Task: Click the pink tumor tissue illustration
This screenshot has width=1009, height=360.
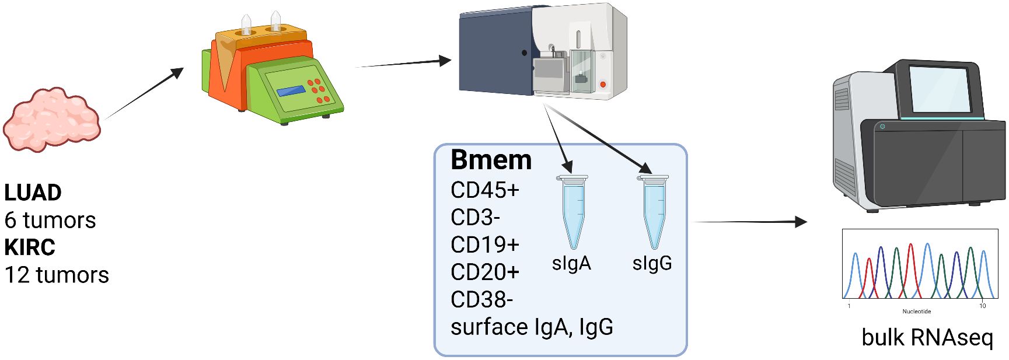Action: (51, 120)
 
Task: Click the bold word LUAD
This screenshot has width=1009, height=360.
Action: (33, 193)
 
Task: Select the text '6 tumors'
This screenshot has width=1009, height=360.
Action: (50, 221)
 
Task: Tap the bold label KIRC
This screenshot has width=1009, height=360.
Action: (30, 247)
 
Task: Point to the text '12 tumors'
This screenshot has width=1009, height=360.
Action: (57, 275)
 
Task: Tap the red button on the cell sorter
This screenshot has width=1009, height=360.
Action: (603, 85)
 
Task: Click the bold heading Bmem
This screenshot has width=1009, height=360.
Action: (491, 160)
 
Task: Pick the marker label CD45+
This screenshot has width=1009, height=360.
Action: (484, 190)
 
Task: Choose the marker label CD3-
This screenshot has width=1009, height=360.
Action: (475, 218)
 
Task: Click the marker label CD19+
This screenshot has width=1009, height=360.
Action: (484, 245)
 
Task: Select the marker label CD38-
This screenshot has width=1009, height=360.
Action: (481, 300)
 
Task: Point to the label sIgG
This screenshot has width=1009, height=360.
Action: (652, 263)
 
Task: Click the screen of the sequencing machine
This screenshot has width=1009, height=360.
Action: (939, 89)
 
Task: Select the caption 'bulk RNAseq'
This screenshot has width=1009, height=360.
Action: (927, 337)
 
